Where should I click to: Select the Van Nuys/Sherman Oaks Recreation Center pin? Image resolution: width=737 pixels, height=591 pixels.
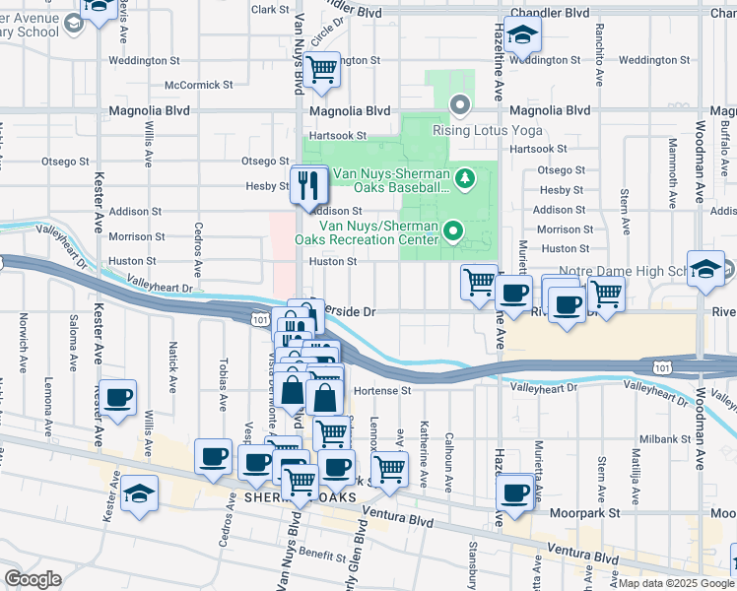(453, 231)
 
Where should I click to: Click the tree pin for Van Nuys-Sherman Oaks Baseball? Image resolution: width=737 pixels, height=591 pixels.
(467, 178)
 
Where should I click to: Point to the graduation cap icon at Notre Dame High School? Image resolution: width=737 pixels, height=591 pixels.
(705, 269)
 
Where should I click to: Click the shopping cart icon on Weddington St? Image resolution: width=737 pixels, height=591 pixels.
(321, 69)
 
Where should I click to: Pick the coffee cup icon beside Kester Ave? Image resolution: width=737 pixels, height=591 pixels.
(118, 399)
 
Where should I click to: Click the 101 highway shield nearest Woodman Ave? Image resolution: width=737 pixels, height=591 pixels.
(662, 366)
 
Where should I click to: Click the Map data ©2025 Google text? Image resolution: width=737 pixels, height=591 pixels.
(676, 583)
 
